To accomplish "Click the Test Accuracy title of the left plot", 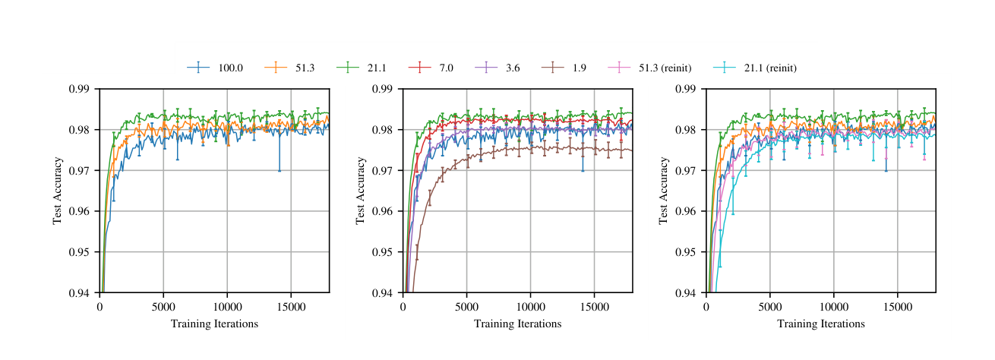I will pos(57,191).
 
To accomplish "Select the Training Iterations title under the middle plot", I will pos(517,324).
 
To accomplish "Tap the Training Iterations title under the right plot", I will pos(820,324).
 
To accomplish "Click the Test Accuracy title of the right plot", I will pos(663,191).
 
